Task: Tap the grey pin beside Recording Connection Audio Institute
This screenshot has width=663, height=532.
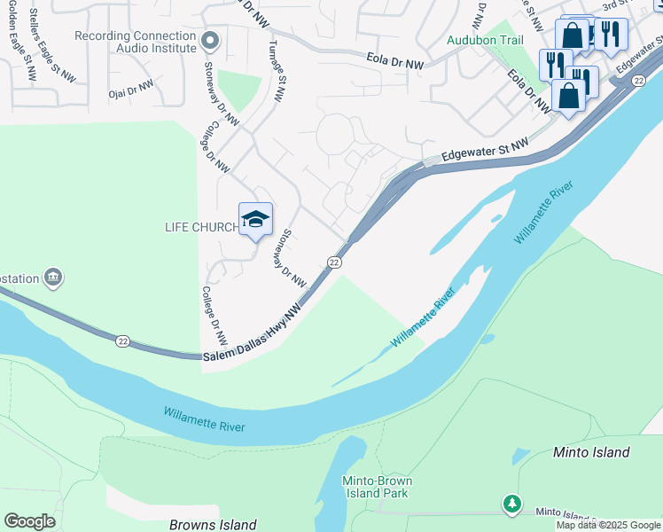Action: coord(210,41)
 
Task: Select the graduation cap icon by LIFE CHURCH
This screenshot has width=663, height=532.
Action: coord(255,220)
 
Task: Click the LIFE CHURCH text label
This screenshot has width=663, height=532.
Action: coord(201,227)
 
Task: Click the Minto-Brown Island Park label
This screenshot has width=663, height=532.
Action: coord(377,487)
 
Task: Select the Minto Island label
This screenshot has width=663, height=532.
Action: coord(591,452)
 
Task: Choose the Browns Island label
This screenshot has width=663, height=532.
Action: coord(214,525)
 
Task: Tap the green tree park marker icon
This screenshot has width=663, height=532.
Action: coord(511,504)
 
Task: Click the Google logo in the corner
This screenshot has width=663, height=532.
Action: coord(29,521)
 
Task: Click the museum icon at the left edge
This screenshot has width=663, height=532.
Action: coord(53,278)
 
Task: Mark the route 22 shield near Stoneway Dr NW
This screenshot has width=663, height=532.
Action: coord(333,262)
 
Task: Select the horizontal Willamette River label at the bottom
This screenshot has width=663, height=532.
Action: coord(204,419)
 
